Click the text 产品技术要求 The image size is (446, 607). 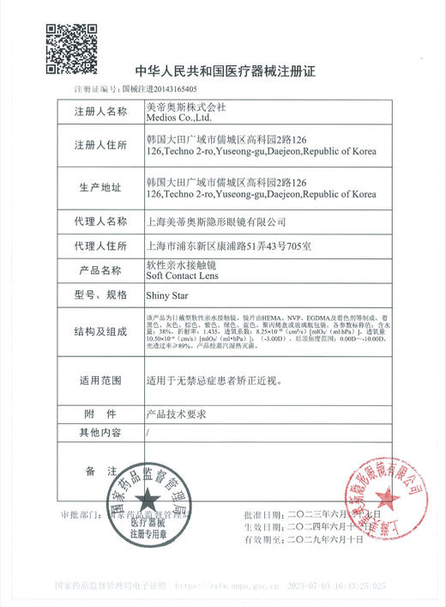(x=178, y=413)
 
